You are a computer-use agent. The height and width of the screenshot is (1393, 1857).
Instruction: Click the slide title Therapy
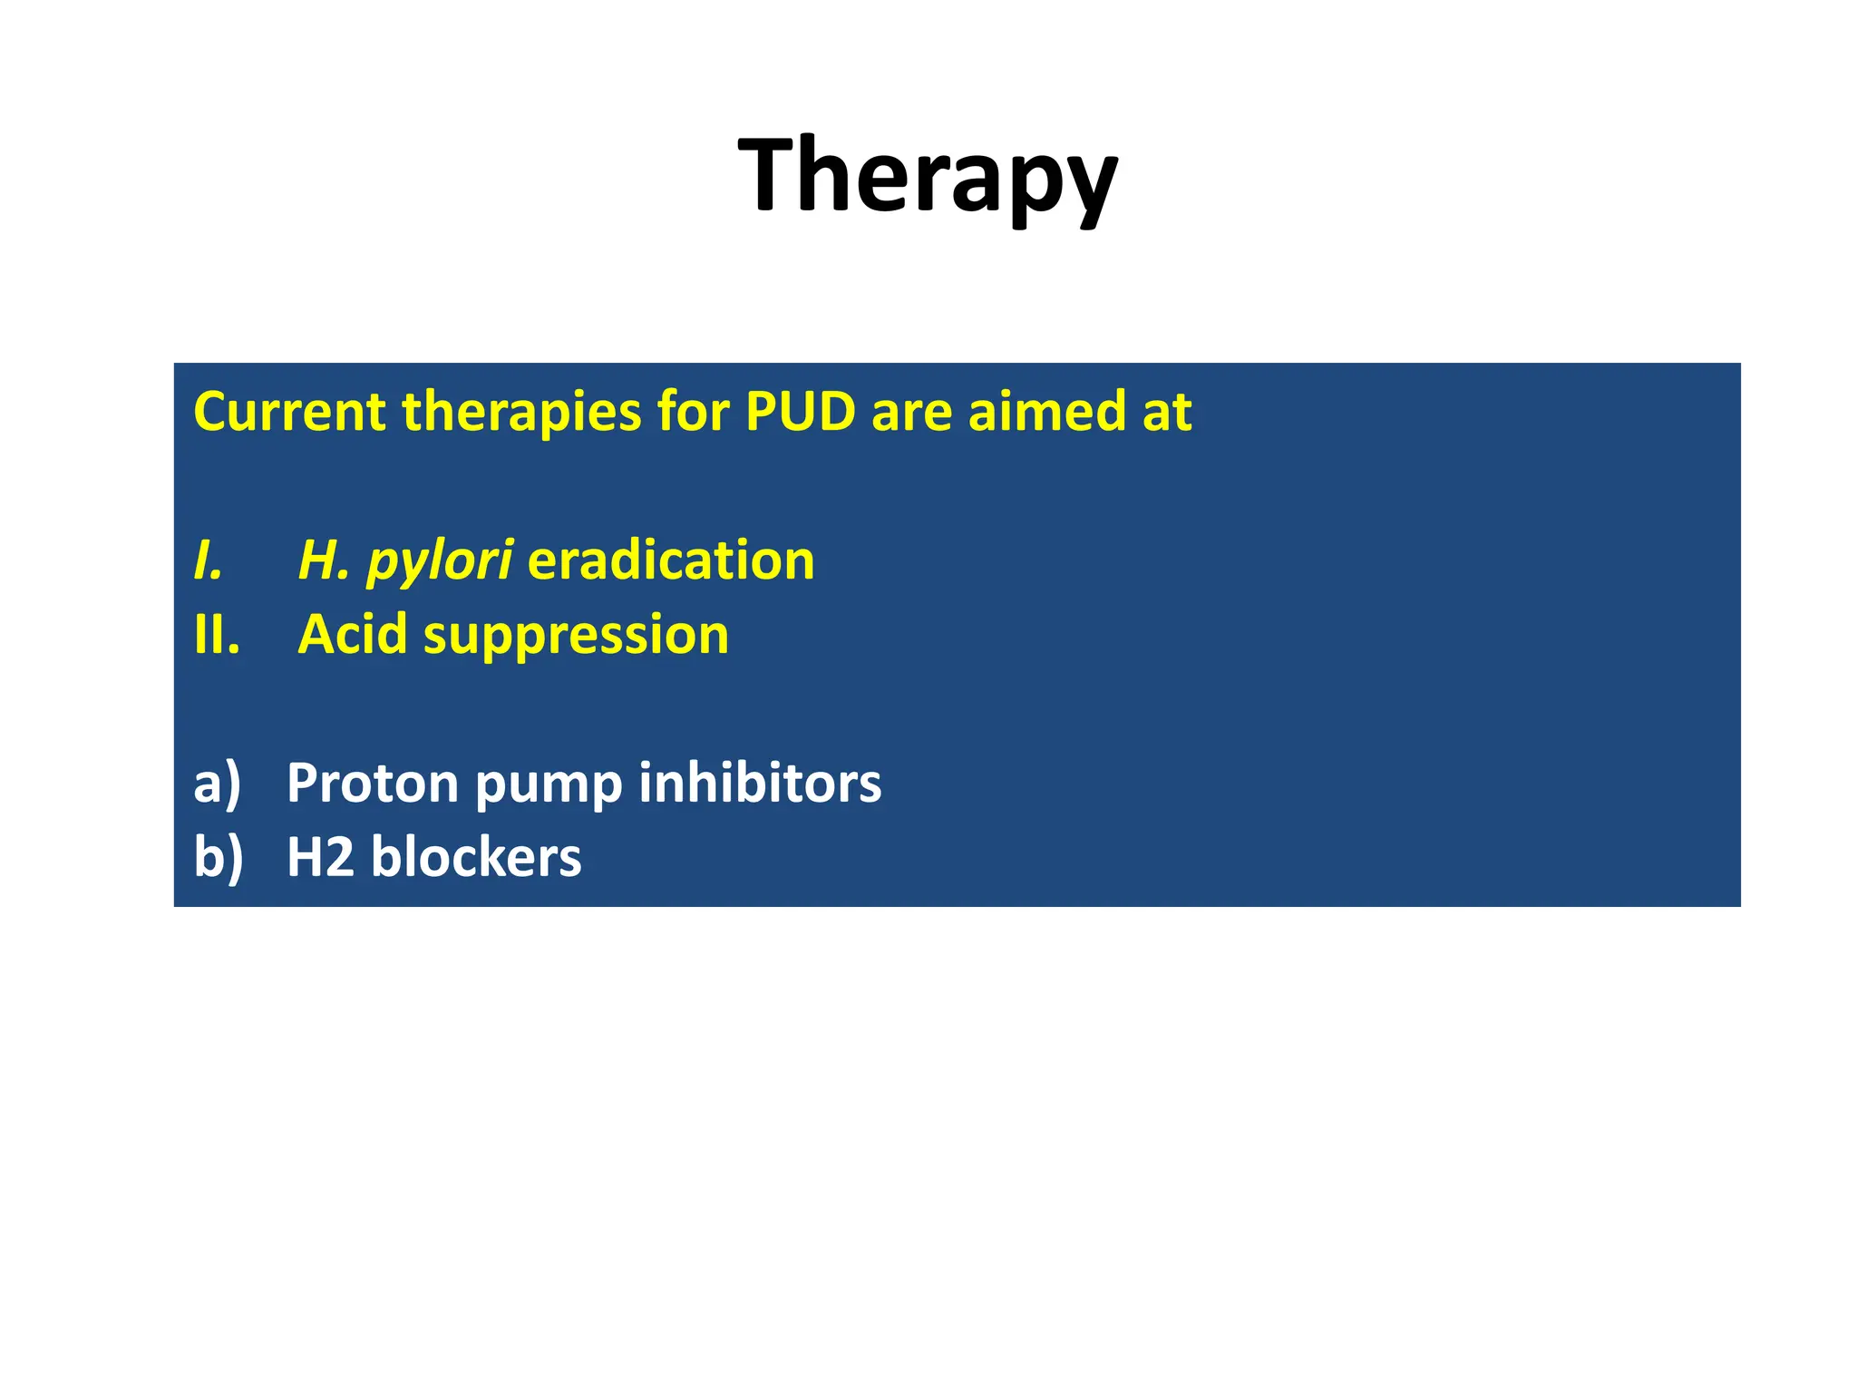tap(928, 174)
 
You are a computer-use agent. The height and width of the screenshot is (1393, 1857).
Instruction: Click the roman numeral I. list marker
tap(209, 560)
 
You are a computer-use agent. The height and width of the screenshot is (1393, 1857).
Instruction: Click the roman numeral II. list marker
tap(217, 634)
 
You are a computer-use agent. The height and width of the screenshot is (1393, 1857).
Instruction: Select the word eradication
tap(671, 560)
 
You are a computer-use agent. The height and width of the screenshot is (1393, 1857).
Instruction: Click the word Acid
tap(353, 634)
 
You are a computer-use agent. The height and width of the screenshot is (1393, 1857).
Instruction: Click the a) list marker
tap(218, 783)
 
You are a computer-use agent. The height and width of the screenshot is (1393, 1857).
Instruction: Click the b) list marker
tap(219, 857)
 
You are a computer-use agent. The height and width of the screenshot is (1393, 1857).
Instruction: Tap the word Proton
tap(373, 783)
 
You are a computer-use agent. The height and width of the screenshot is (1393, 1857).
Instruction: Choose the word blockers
tap(476, 857)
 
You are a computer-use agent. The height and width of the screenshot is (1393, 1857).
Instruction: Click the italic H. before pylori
tap(324, 560)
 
